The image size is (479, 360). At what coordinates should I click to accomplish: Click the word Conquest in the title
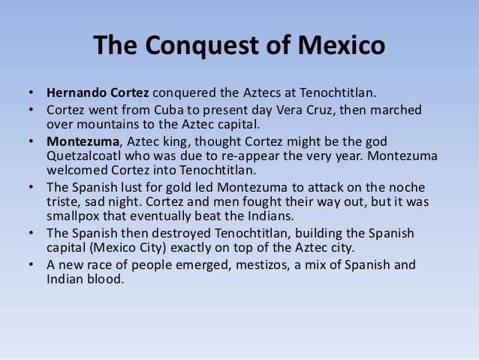pos(197,45)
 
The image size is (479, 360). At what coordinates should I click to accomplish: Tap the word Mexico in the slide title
pos(337,45)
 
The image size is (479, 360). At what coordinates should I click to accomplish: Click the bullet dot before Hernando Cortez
pos(32,94)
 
